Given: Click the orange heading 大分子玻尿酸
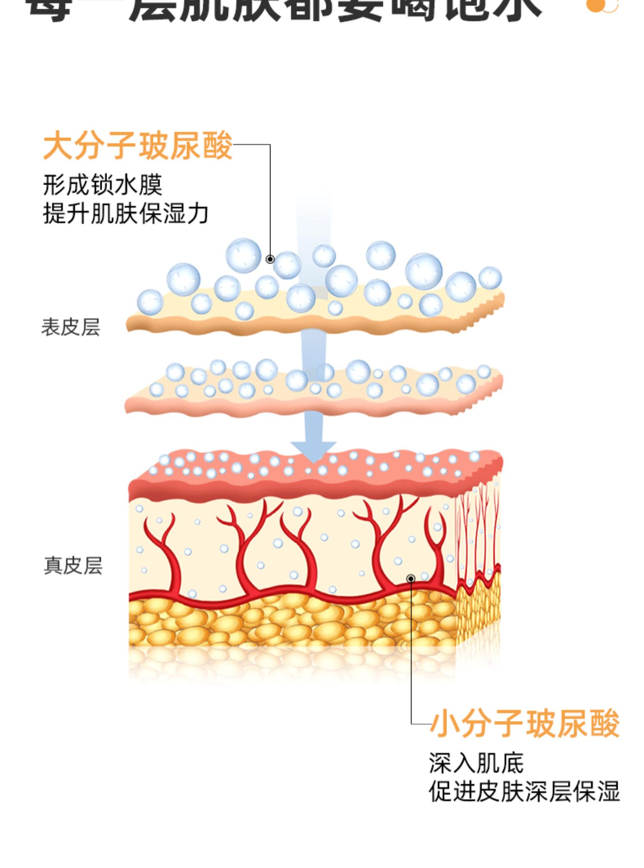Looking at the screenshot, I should [138, 146].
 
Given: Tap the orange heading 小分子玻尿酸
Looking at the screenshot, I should [525, 724].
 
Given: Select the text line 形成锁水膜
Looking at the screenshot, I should [103, 185].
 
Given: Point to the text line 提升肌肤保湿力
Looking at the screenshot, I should [126, 213].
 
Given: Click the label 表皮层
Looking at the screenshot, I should [71, 327].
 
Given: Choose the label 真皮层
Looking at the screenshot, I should [73, 566].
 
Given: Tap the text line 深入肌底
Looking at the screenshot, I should [476, 764].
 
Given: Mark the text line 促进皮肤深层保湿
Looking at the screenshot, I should [524, 791].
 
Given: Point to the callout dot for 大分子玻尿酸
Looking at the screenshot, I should [270, 259].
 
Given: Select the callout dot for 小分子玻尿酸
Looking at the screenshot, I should [411, 579].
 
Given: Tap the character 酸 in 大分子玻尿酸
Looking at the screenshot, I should [218, 146].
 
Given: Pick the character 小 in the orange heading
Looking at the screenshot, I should [446, 724].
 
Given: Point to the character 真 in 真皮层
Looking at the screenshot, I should [54, 566].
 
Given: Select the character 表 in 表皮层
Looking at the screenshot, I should [51, 327].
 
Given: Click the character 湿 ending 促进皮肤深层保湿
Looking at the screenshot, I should [608, 791].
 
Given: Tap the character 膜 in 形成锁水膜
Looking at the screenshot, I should [151, 185].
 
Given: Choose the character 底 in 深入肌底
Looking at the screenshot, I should [512, 764].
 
